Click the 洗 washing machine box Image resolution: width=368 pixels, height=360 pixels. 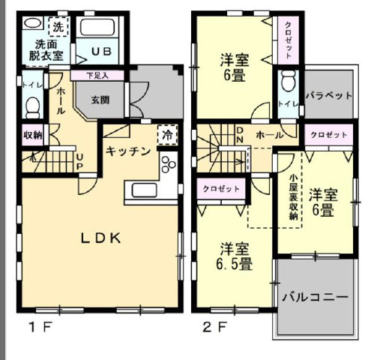58,26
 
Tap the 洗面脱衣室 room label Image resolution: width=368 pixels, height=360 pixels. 43,49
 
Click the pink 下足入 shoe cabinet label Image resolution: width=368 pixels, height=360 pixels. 97,75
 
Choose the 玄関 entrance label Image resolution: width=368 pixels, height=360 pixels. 102,99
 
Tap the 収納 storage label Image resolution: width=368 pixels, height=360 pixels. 32,136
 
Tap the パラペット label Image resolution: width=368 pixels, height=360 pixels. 330,95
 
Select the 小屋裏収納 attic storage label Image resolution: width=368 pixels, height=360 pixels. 294,196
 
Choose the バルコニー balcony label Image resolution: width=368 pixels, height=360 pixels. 315,297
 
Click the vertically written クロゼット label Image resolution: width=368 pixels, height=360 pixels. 288,40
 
